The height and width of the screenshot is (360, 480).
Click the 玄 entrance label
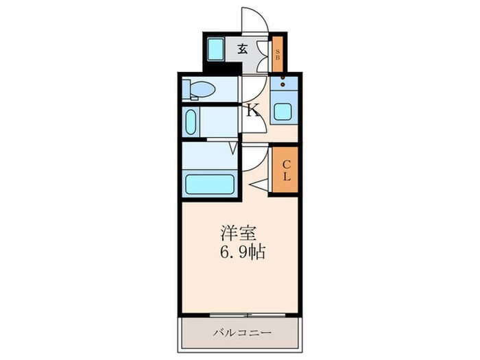(243, 49)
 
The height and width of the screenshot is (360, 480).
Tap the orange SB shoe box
(278, 54)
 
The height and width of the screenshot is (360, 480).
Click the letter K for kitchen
(252, 110)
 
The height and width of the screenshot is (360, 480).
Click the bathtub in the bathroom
(211, 184)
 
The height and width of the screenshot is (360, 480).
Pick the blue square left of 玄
(217, 49)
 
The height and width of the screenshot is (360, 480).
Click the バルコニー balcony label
(240, 333)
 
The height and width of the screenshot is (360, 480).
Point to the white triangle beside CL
(259, 184)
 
